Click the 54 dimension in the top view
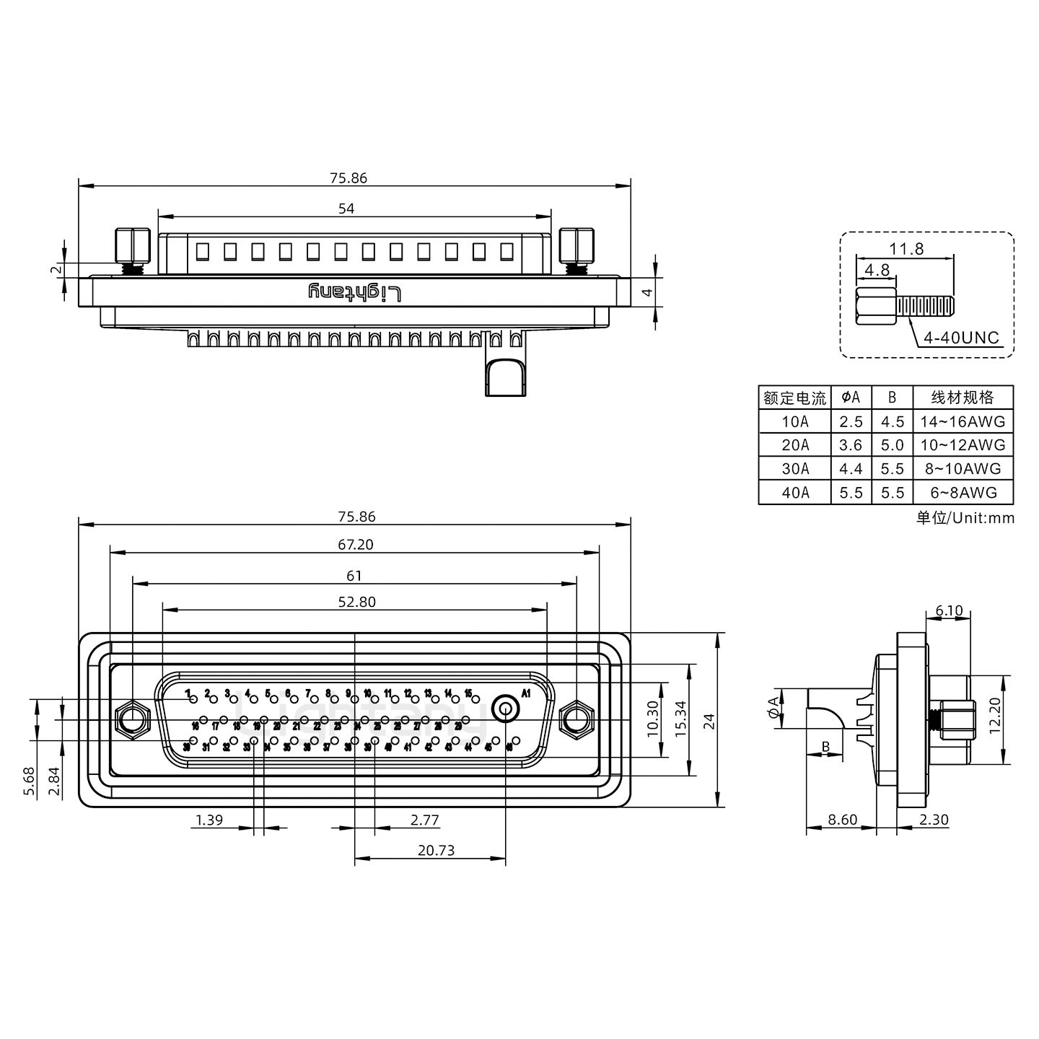(x=346, y=209)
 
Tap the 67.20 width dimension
(x=355, y=545)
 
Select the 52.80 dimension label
(x=356, y=602)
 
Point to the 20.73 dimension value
(x=436, y=850)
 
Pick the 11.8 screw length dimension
(x=906, y=249)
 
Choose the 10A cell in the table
(x=794, y=421)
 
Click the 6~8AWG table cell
(x=963, y=492)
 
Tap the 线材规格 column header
(x=963, y=398)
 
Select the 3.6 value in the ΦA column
(x=851, y=445)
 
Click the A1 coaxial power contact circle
(x=506, y=709)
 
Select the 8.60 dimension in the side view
(x=842, y=820)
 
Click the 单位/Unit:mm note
(x=965, y=518)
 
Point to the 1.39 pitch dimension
(x=209, y=820)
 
